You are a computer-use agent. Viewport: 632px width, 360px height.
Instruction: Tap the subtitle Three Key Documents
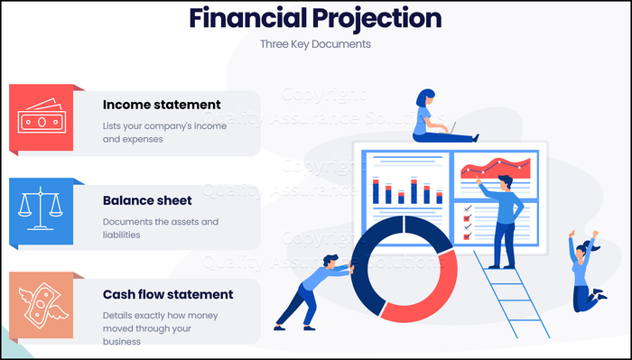click(x=315, y=43)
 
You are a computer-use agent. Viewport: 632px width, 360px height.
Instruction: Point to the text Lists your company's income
click(x=164, y=125)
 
